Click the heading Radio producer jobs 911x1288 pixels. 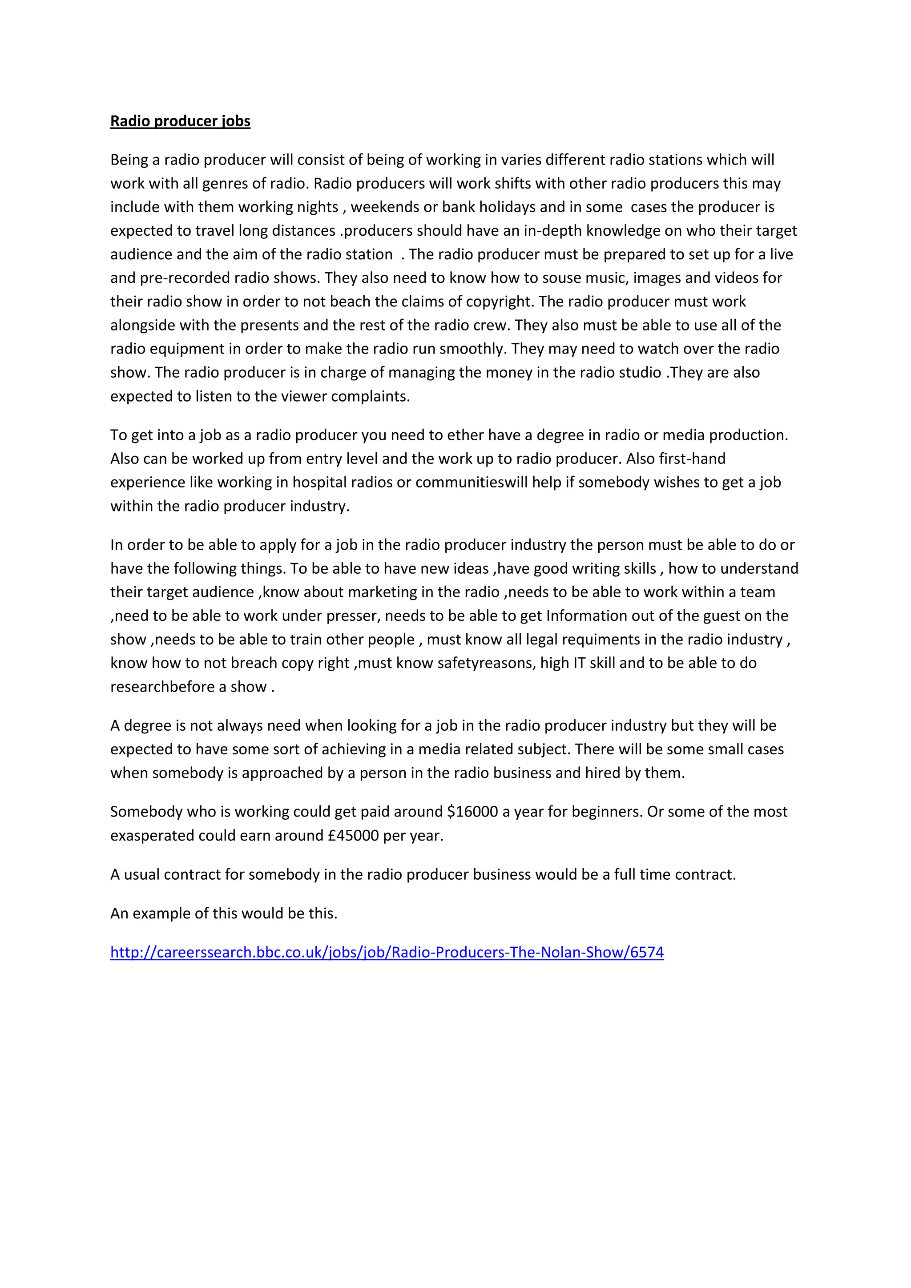click(x=180, y=121)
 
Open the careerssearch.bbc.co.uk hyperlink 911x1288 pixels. click(x=387, y=952)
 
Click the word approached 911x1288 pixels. click(x=283, y=773)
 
